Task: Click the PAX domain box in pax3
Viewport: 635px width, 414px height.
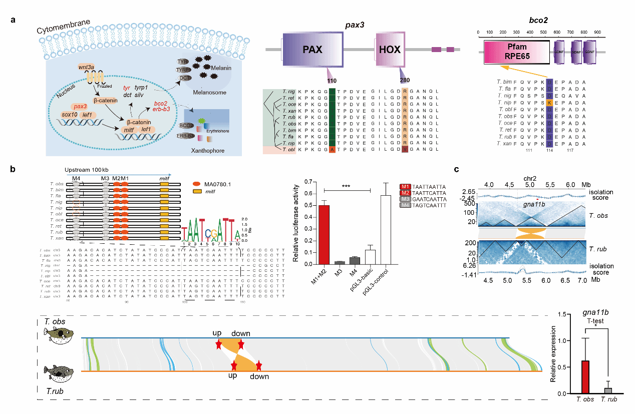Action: coord(311,50)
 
